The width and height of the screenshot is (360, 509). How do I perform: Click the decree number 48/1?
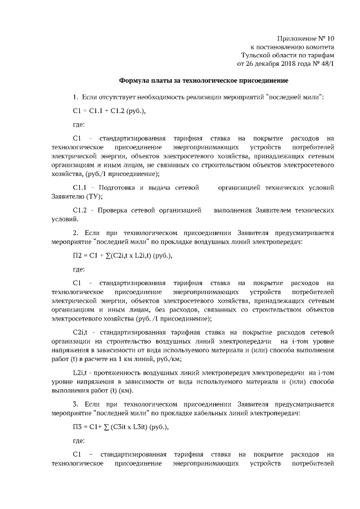tap(325, 65)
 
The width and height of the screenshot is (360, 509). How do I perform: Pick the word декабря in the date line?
tap(253, 65)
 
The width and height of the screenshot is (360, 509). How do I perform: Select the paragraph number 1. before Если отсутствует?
tap(76, 97)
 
